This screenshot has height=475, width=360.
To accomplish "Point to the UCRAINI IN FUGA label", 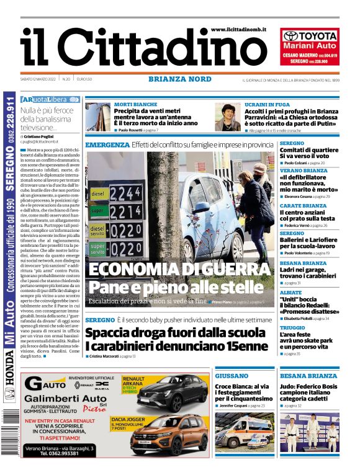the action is pos(268,105).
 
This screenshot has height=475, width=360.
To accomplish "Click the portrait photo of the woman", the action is pos(228,117).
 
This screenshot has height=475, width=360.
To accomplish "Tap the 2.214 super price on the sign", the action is pos(125,213).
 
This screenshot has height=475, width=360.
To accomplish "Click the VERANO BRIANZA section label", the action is pos(304,170).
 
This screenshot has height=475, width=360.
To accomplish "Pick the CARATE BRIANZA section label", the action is pos(303,206).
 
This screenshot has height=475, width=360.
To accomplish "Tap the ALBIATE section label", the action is pos(291,291).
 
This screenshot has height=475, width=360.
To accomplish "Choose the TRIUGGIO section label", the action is pos(292,327).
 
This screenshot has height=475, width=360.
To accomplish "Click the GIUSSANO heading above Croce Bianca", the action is pos(232,376).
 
